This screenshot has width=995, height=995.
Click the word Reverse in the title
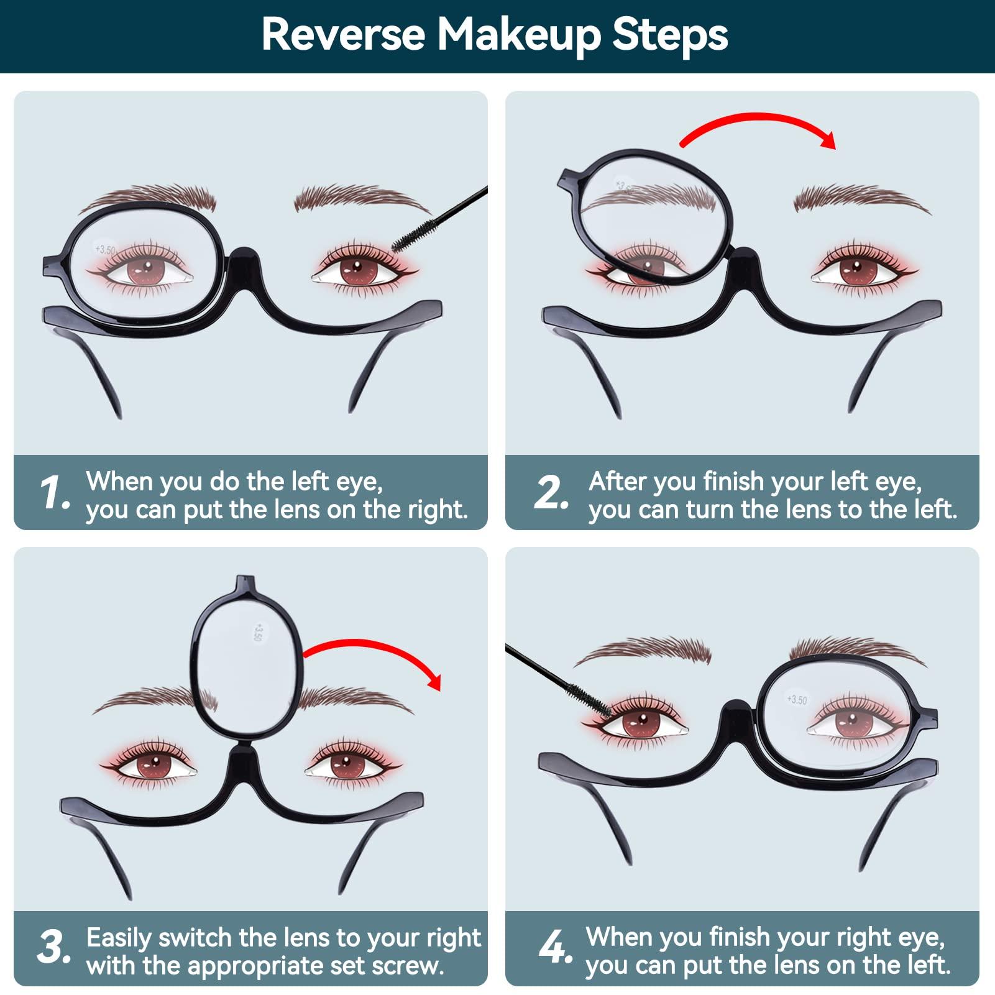click(x=343, y=35)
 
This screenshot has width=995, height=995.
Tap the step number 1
click(x=54, y=493)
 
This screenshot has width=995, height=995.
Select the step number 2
click(x=551, y=493)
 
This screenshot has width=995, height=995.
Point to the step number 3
click(x=54, y=948)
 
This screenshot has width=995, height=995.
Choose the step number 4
click(x=555, y=948)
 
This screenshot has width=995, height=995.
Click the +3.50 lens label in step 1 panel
click(x=105, y=250)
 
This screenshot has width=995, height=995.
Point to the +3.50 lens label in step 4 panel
click(x=797, y=700)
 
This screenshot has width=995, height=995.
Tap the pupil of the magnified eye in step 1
click(x=147, y=269)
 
